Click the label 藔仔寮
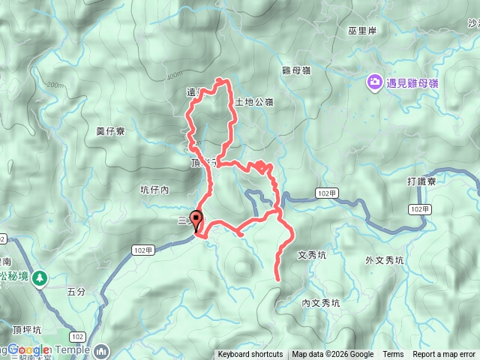tap(110, 130)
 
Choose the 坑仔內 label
tap(154, 190)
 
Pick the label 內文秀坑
tap(320, 304)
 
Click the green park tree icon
tap(39, 278)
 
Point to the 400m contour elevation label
tap(174, 75)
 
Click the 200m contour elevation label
tap(54, 85)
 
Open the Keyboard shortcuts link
tap(250, 355)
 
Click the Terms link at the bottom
tap(393, 355)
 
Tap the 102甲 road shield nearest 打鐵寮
tap(421, 208)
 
